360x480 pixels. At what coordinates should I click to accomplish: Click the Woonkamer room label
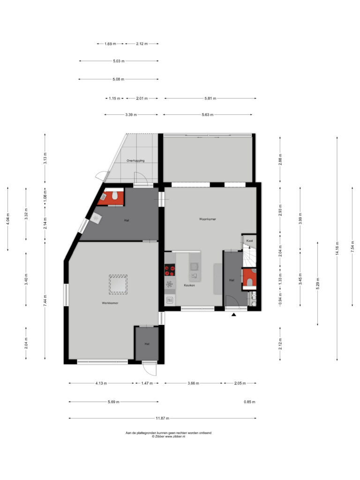coord(208,219)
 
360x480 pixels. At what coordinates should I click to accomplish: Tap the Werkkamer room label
coord(110,303)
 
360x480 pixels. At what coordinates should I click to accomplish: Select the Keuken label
coord(189,285)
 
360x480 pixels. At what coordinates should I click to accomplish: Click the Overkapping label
coord(135,161)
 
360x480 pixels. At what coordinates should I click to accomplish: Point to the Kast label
coord(249,241)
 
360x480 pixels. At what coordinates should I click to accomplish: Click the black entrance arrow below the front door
coord(234,315)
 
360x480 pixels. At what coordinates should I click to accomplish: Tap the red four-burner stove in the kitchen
coord(170,270)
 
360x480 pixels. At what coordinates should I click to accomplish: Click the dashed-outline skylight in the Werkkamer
coord(118,285)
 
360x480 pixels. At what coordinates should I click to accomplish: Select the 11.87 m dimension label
coord(162,418)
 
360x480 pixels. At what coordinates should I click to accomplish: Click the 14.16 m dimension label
coord(337,248)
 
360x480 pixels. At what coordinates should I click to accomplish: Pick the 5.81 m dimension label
coord(210,98)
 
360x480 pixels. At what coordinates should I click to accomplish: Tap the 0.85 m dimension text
coord(249,402)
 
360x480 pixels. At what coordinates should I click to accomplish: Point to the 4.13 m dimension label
coord(101,383)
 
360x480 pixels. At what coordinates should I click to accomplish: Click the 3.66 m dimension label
coord(193,383)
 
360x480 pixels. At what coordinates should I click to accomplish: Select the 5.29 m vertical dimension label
coord(317,283)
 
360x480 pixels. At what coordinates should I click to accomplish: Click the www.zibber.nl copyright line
coord(168,437)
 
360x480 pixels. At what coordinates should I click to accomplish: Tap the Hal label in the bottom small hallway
coord(147,344)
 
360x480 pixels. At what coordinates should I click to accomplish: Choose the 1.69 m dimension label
coord(110,44)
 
